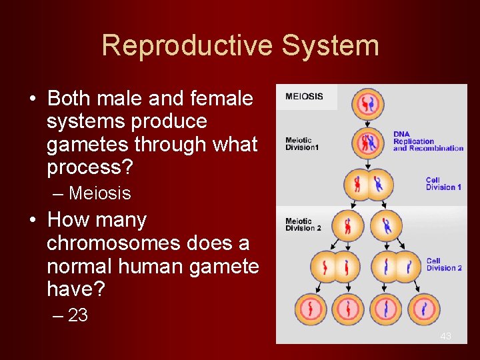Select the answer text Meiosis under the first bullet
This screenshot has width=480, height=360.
(99, 193)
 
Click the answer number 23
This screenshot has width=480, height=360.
(78, 315)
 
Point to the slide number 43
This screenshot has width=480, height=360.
(445, 337)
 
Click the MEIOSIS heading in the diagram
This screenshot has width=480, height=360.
(304, 97)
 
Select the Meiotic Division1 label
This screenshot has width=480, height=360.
(302, 144)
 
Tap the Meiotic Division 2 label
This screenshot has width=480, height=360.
(303, 225)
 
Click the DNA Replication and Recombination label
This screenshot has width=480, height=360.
(427, 141)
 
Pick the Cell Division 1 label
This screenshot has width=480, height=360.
(443, 184)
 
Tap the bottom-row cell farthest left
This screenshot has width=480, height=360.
(311, 309)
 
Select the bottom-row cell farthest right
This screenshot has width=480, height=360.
(425, 309)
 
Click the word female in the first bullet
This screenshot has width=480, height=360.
(219, 99)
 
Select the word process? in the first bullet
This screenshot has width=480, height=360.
(90, 167)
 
